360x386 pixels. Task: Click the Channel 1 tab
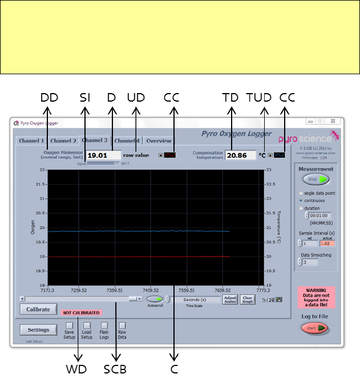[31, 141]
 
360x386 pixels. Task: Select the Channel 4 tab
[126, 141]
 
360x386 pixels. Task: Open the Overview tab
[159, 141]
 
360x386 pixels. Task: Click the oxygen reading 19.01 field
[104, 155]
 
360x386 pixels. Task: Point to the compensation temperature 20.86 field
[240, 155]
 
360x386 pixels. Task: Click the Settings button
[38, 329]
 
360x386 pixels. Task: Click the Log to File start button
[315, 328]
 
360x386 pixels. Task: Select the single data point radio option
[301, 194]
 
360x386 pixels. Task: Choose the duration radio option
[301, 208]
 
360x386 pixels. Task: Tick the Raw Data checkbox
[122, 325]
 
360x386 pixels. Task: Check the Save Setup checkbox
[69, 325]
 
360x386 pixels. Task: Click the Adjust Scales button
[230, 299]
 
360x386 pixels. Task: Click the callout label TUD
[258, 98]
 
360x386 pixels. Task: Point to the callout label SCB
[115, 369]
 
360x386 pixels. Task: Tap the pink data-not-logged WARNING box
[316, 297]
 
